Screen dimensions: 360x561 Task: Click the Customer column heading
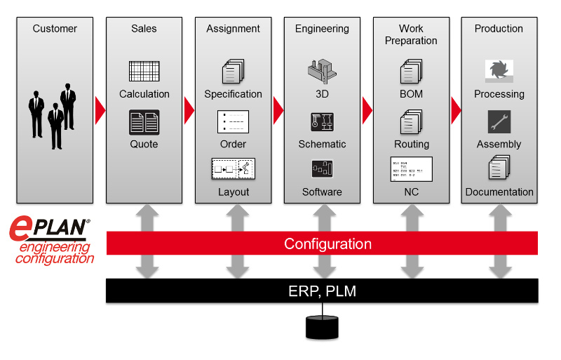pyautogui.click(x=55, y=29)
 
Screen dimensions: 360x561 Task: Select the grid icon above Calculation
pyautogui.click(x=144, y=72)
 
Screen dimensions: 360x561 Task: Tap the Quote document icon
pyautogui.click(x=144, y=123)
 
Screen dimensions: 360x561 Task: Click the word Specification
pyautogui.click(x=233, y=94)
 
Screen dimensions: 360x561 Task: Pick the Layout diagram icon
pyautogui.click(x=233, y=169)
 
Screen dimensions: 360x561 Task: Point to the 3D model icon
pyautogui.click(x=322, y=71)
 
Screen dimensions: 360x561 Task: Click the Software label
pyautogui.click(x=322, y=192)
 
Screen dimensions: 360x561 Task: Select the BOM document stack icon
pyautogui.click(x=411, y=72)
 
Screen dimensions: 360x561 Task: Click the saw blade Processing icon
pyautogui.click(x=499, y=71)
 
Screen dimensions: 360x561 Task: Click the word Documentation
pyautogui.click(x=499, y=192)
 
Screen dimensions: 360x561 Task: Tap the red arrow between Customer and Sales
pyautogui.click(x=100, y=109)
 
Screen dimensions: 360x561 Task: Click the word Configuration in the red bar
pyautogui.click(x=327, y=244)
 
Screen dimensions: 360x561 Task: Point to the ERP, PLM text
pyautogui.click(x=322, y=291)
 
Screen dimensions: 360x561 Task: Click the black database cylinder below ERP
pyautogui.click(x=322, y=326)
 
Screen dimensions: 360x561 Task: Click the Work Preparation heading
pyautogui.click(x=411, y=34)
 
